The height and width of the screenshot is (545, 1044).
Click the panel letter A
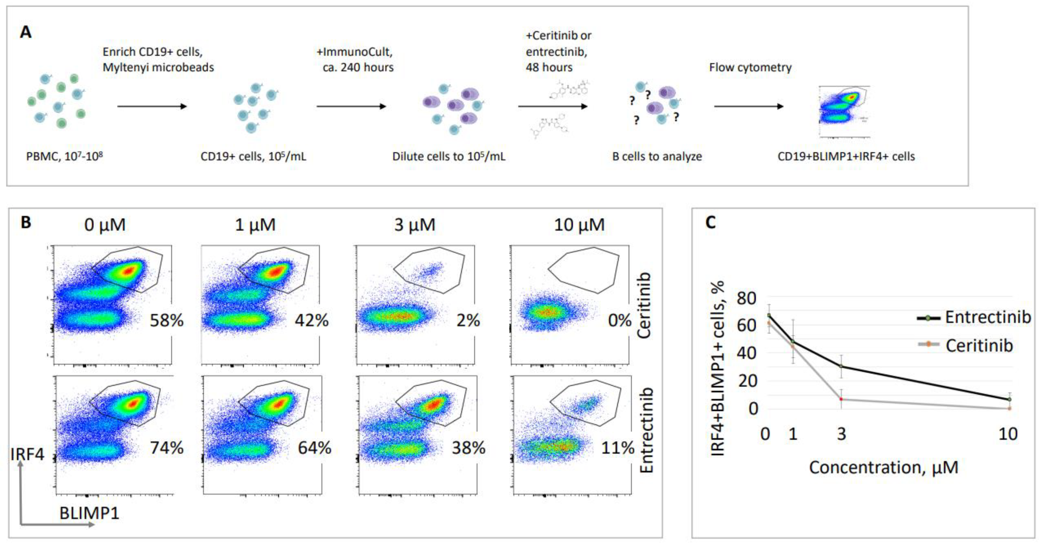click(x=26, y=32)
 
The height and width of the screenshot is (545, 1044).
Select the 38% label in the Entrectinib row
click(x=468, y=448)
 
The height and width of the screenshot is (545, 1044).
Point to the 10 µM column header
click(x=579, y=225)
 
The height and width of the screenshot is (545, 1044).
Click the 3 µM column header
click(x=415, y=225)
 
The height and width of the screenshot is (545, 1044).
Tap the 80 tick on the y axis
click(x=746, y=299)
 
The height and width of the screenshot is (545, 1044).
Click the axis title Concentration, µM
click(x=884, y=468)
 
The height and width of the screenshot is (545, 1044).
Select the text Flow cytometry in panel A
click(x=750, y=67)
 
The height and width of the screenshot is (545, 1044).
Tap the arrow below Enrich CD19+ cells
click(x=152, y=106)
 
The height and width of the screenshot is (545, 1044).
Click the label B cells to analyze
click(x=657, y=156)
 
